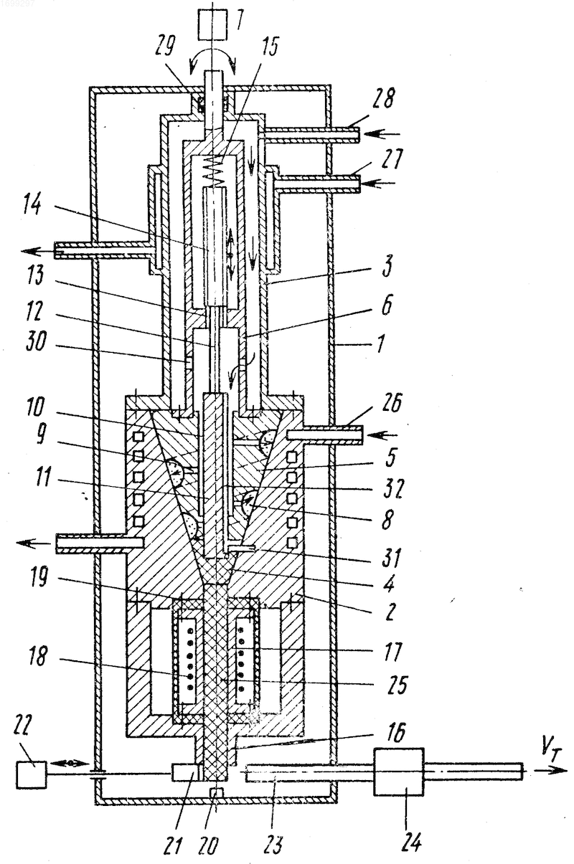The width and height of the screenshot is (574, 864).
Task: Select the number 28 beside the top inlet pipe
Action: tap(383, 98)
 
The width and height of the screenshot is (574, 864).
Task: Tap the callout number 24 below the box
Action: tap(410, 841)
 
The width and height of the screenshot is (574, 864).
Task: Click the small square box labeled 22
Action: tap(32, 774)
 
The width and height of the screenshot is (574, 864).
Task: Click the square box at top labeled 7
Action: tap(212, 24)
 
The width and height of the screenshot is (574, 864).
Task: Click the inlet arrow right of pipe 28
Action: tap(382, 134)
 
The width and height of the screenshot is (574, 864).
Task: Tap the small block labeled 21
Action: tap(185, 773)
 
